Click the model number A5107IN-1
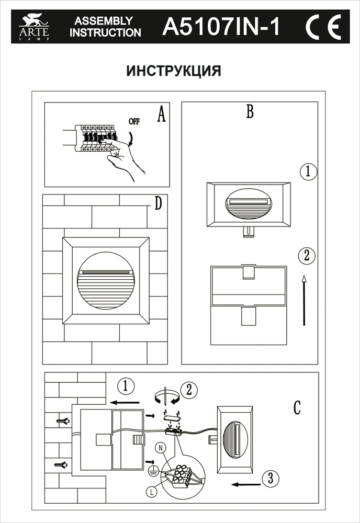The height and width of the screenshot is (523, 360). (222, 26)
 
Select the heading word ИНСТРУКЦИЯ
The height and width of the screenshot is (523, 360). (174, 71)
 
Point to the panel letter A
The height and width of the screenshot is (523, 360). (161, 113)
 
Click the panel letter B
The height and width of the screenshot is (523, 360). (250, 111)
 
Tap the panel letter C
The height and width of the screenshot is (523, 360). (297, 407)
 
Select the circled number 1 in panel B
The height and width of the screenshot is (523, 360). (308, 172)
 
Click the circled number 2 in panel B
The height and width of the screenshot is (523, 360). (307, 256)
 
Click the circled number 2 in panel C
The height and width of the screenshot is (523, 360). (188, 389)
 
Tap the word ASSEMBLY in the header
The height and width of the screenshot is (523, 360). (104, 21)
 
